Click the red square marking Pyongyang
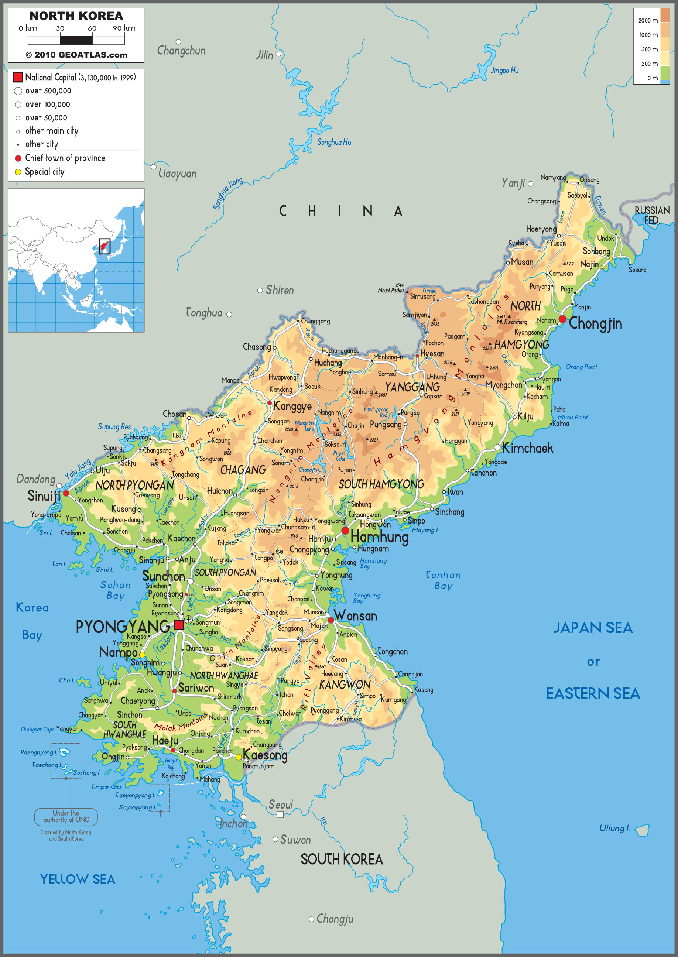(x=179, y=625)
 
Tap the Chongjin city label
(x=595, y=323)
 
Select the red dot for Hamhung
(x=345, y=531)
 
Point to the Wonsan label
(x=356, y=616)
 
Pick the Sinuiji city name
(x=44, y=496)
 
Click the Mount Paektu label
(x=391, y=290)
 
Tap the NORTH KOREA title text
(x=76, y=16)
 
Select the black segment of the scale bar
(x=76, y=40)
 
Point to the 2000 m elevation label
(x=647, y=20)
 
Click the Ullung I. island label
(x=614, y=828)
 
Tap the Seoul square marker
(x=280, y=814)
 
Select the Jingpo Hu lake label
(x=505, y=71)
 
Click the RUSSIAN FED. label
(x=652, y=215)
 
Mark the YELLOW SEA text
(x=78, y=879)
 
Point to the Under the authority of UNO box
(x=66, y=816)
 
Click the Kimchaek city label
(x=527, y=448)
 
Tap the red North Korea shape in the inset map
(x=104, y=246)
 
